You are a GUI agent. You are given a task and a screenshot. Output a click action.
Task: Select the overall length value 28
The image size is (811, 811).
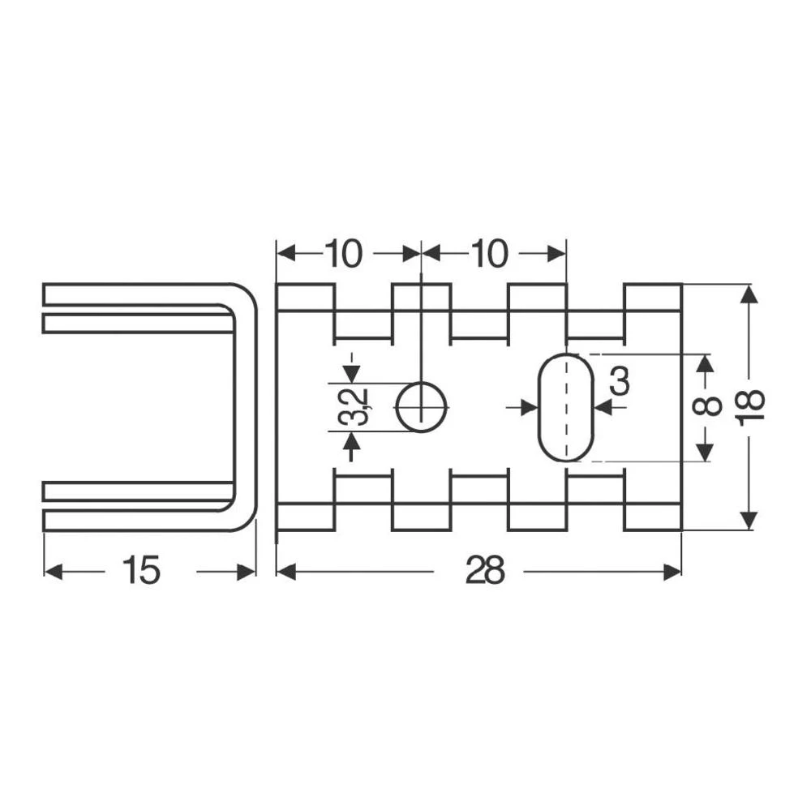pos(485,571)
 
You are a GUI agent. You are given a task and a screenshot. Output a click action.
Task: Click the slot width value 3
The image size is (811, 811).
pos(619,381)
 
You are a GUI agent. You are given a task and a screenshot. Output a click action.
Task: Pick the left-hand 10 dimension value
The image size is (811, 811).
pos(343,254)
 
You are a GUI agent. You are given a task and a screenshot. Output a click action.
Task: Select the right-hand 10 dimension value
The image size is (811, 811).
pos(489,254)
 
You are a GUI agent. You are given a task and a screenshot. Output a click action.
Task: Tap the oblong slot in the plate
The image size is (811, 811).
pos(565,407)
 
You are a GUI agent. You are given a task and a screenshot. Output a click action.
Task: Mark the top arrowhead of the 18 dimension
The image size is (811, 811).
pos(749,294)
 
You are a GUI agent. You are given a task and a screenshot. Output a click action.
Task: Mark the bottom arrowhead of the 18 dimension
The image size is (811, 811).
pos(749,520)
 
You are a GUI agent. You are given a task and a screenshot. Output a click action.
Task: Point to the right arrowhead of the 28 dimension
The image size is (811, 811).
pos(672,572)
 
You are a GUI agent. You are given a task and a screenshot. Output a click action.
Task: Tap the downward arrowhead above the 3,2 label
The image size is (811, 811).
pos(350,374)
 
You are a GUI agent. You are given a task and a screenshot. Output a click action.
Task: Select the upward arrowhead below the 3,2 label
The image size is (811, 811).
pos(350,442)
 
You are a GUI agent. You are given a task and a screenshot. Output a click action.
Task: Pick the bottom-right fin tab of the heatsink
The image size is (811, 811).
pos(653,517)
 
